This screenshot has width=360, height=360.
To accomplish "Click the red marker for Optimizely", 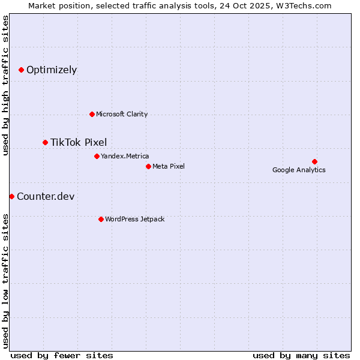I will click(21, 70).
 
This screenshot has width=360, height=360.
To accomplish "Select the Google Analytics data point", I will click(314, 161).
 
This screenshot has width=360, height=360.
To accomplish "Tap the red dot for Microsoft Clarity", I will click(92, 114).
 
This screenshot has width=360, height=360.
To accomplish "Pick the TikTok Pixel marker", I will click(45, 142).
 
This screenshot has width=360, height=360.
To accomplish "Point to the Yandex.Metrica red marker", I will click(97, 156).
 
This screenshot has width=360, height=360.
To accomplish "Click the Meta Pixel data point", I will click(148, 166).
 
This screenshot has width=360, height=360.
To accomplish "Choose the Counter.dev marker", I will click(11, 196).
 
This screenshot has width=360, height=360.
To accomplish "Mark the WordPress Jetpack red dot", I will click(101, 219).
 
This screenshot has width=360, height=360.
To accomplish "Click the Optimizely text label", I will click(52, 70).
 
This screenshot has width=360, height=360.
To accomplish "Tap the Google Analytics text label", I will click(299, 170).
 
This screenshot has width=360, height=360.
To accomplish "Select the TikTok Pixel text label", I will click(79, 142).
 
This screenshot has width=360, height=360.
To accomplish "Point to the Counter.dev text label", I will click(46, 196).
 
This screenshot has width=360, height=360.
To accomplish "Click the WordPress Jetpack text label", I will click(134, 219).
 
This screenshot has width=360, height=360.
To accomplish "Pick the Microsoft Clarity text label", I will click(122, 114).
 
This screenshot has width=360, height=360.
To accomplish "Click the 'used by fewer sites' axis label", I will click(62, 355).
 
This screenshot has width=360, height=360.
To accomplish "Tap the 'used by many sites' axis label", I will click(301, 355).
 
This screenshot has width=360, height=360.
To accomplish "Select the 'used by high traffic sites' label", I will click(5, 85).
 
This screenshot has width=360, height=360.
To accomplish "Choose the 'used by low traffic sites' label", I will click(5, 281).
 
